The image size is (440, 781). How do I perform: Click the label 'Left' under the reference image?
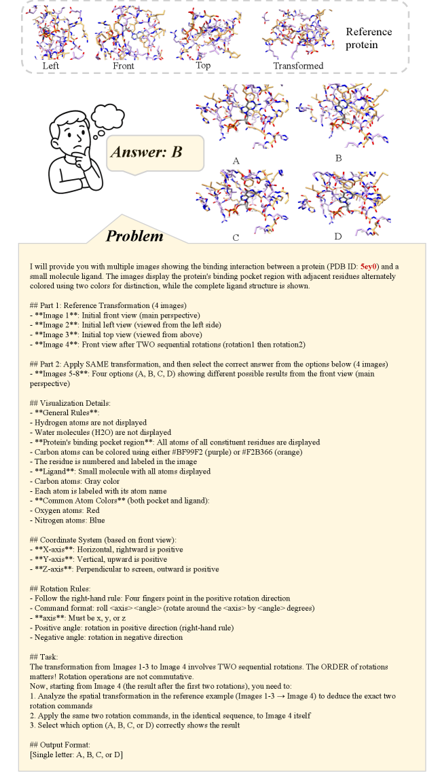[x=50, y=66]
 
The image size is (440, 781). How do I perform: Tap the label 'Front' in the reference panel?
[x=124, y=66]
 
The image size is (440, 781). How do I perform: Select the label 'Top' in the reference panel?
[x=203, y=65]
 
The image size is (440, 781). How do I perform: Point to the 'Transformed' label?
[x=298, y=66]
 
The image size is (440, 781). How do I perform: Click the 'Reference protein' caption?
[x=369, y=38]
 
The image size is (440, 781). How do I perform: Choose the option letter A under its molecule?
[x=236, y=161]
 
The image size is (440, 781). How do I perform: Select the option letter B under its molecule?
[x=338, y=158]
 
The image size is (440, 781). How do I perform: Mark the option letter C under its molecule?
[x=236, y=237]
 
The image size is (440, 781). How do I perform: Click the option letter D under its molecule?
[x=337, y=236]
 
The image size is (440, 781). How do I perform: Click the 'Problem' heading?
[x=134, y=235]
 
